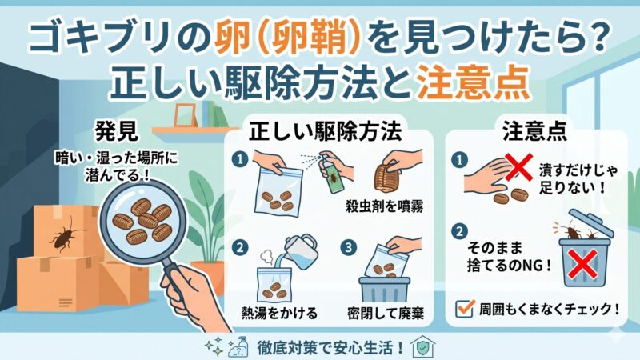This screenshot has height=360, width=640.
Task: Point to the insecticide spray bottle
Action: (325, 172)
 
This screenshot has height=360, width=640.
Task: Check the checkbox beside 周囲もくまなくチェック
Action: (462, 307)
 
